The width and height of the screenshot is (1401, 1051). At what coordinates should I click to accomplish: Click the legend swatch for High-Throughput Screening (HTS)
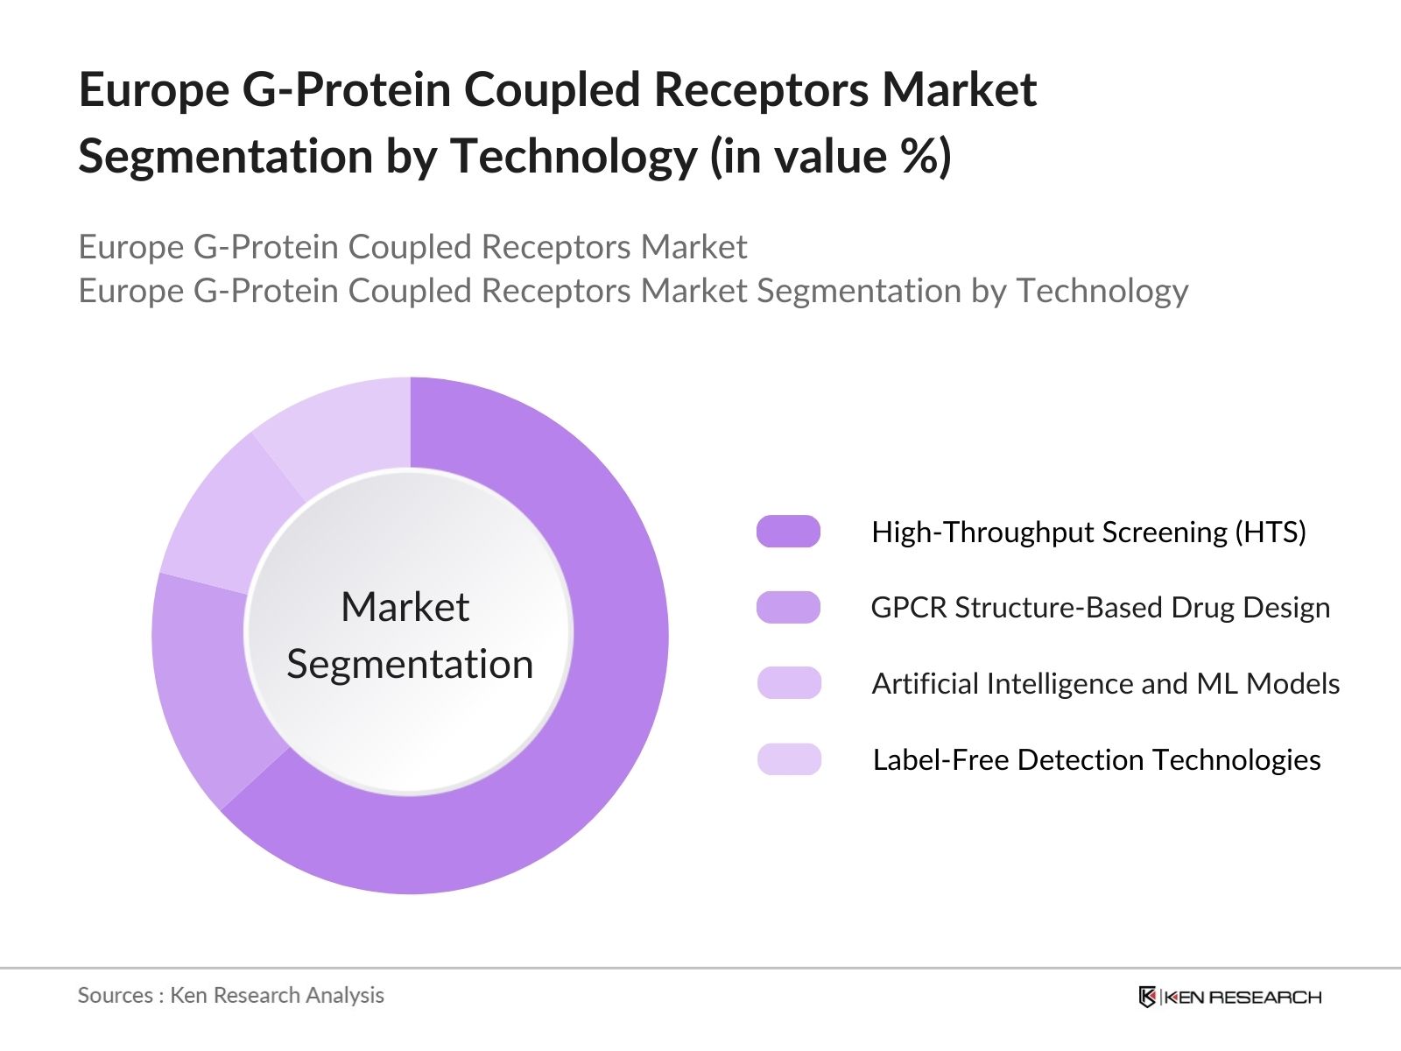point(788,532)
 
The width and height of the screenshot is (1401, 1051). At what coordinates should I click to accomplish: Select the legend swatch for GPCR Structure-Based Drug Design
point(788,607)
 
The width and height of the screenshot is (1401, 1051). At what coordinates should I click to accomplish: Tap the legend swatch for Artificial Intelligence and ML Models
point(788,683)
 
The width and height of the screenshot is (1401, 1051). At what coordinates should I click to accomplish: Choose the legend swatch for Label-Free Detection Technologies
point(788,759)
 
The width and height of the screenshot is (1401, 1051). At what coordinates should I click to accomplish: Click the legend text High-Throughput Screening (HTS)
point(1088,532)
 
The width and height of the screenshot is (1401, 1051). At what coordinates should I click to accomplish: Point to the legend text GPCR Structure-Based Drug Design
point(1100,607)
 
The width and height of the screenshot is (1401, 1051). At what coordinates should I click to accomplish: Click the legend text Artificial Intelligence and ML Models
point(1105,683)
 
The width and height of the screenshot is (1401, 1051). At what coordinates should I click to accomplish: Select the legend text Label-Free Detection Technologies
point(1096,759)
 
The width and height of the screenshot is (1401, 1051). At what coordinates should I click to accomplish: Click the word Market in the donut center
point(405,607)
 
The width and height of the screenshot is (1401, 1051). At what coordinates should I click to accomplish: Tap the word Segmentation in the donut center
point(410,664)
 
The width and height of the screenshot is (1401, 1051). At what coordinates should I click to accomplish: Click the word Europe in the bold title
point(153,90)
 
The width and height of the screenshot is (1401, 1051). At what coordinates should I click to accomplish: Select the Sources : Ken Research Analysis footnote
point(230,995)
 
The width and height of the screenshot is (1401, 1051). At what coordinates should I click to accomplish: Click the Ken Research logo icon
point(1147,997)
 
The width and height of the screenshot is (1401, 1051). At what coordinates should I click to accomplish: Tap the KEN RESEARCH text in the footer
point(1242,997)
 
